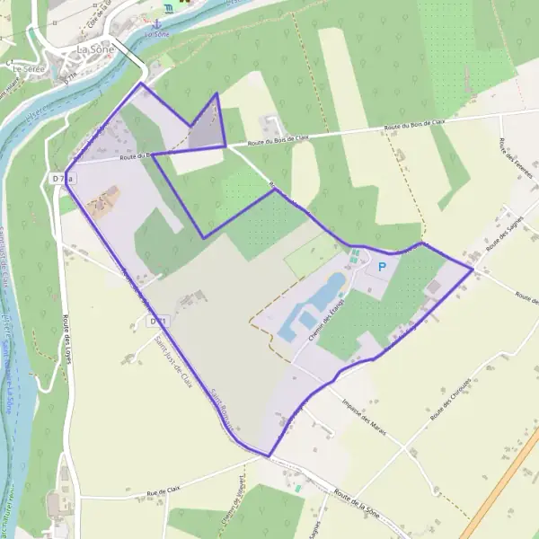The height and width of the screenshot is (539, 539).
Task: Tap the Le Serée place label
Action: coord(27,67)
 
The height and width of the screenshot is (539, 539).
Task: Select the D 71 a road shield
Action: coord(61,179)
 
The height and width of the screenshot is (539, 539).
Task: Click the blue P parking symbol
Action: coord(382,266)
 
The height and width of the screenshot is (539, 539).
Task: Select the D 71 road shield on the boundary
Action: coord(159,320)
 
